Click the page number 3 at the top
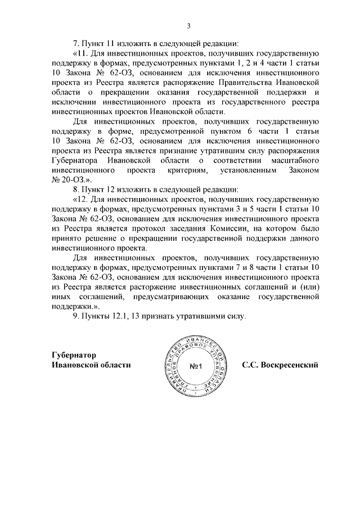click(x=188, y=25)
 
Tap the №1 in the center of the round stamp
click(x=196, y=367)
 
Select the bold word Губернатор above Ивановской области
click(x=74, y=355)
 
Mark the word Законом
click(x=303, y=168)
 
